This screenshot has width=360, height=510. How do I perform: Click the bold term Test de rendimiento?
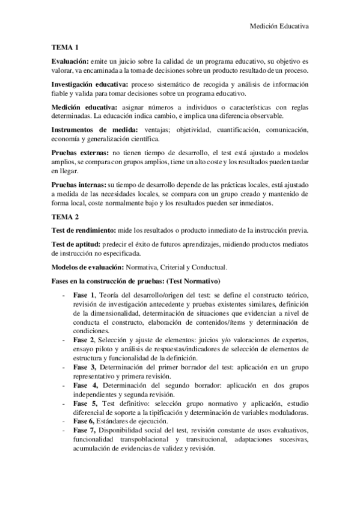coord(84,231)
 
